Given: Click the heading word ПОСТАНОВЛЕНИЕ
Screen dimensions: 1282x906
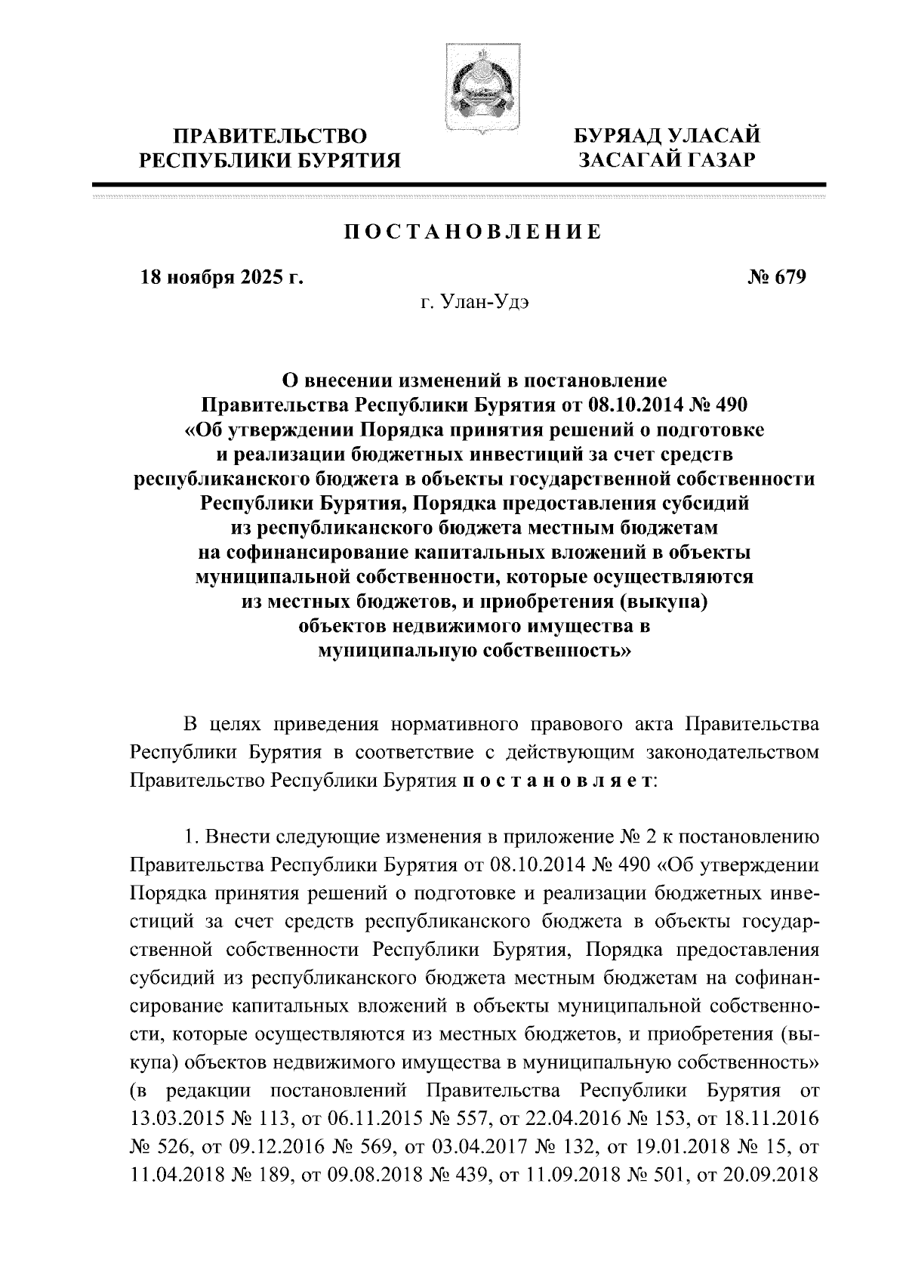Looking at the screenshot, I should [x=473, y=232].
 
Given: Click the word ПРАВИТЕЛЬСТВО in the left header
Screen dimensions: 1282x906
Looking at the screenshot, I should [x=271, y=137].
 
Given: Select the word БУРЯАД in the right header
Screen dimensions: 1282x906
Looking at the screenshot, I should [x=623, y=137].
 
